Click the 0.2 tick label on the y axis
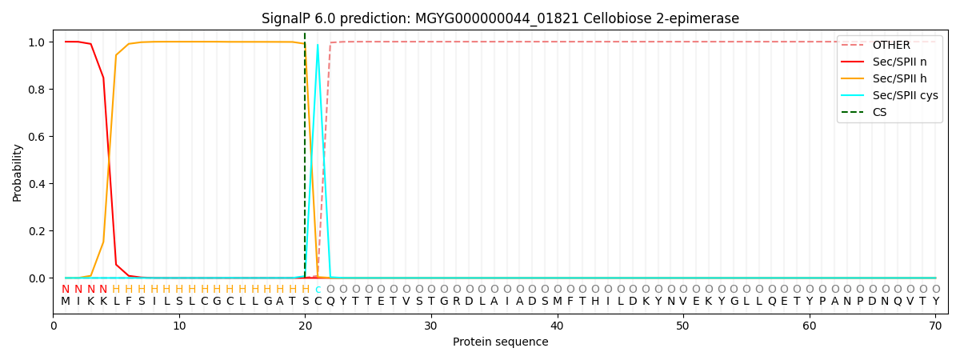37,231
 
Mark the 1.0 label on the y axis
37,42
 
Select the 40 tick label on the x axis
557,326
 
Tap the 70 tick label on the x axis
935,326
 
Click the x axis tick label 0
53,326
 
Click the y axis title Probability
17,173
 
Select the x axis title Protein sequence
501,342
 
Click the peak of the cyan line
318,45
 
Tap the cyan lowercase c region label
318,290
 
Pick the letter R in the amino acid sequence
457,302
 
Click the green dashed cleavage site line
305,155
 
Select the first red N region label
66,290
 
